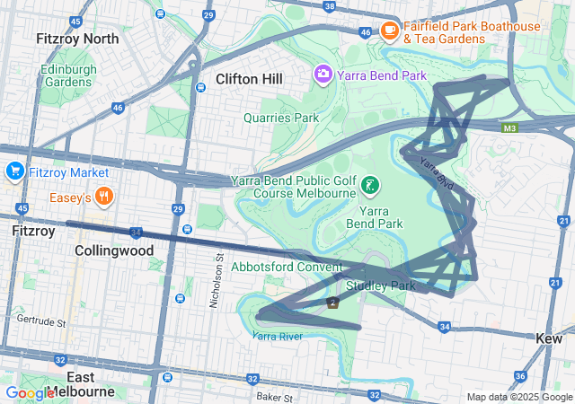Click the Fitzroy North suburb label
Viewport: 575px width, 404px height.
tap(76, 39)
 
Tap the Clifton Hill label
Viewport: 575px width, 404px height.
tap(249, 79)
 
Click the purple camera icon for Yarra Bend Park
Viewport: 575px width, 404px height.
tap(322, 73)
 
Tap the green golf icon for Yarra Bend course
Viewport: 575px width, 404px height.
tap(368, 186)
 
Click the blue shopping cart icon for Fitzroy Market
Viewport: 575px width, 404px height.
tap(14, 171)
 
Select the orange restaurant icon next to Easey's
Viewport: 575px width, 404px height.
tap(105, 197)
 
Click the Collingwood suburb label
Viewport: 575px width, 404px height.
tap(114, 250)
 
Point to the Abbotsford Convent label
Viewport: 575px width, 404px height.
tap(287, 267)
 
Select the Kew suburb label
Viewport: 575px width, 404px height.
tap(548, 338)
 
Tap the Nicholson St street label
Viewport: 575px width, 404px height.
tap(217, 280)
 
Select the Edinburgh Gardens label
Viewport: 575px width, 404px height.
tap(66, 75)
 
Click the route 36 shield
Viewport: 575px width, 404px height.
tap(519, 376)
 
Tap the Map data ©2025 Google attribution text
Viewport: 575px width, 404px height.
tap(518, 397)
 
